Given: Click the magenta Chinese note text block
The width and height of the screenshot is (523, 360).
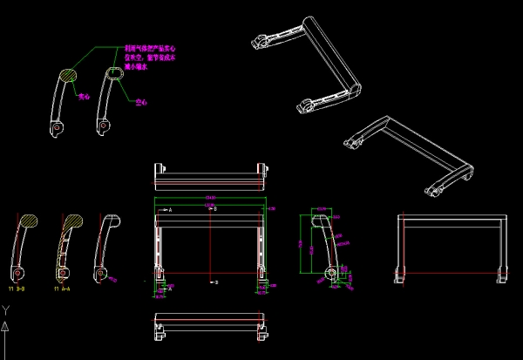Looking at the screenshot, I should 151,58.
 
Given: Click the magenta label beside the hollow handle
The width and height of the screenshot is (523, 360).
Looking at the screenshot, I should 140,102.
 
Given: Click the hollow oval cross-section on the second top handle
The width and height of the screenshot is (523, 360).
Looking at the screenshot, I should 114,74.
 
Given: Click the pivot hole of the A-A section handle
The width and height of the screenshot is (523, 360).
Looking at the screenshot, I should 64,274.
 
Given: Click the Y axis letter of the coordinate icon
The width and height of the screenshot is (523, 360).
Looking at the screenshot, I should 6,309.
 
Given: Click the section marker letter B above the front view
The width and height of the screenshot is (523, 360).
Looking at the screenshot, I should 216,210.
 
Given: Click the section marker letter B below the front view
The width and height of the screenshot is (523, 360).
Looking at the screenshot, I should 216,282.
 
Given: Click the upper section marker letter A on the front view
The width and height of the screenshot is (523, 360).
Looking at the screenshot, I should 170,210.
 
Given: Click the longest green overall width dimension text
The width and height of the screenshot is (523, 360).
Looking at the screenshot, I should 210,200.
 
